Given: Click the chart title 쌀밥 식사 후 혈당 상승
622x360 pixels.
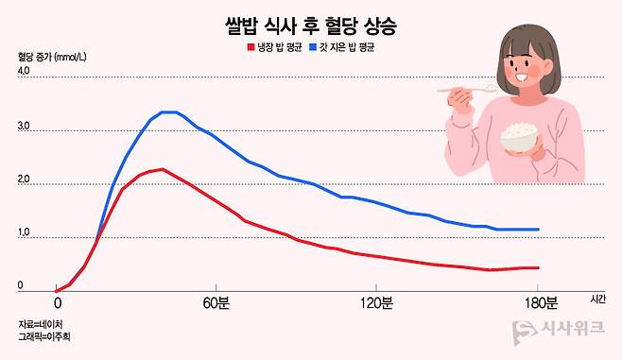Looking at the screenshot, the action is (311, 26).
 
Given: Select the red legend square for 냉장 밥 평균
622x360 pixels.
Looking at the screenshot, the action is (251, 47).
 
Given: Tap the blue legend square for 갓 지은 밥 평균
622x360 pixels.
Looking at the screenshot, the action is (313, 47).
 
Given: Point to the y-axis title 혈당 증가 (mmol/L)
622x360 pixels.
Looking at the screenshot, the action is (52, 57).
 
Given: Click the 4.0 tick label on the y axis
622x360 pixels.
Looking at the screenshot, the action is (24, 71).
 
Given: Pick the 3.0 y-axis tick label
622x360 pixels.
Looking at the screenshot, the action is (24, 126).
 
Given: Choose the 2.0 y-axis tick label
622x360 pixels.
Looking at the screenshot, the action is (24, 180).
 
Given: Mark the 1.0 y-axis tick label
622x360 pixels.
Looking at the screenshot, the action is (24, 232).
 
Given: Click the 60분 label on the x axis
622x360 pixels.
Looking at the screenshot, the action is (216, 303).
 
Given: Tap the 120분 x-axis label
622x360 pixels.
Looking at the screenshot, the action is (376, 303).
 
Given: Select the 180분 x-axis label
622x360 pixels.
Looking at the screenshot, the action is (542, 303).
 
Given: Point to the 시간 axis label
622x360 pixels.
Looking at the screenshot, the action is (597, 299).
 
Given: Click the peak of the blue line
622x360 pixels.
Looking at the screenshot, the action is (168, 112).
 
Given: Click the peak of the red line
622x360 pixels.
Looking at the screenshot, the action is (163, 170).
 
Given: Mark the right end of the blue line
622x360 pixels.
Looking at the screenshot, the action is (538, 230).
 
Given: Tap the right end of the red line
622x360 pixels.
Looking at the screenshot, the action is (538, 268).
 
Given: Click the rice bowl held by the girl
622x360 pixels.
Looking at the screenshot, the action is (519, 137).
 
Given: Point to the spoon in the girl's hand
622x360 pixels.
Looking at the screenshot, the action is (467, 89).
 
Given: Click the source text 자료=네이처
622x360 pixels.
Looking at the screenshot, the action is (41, 324).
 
